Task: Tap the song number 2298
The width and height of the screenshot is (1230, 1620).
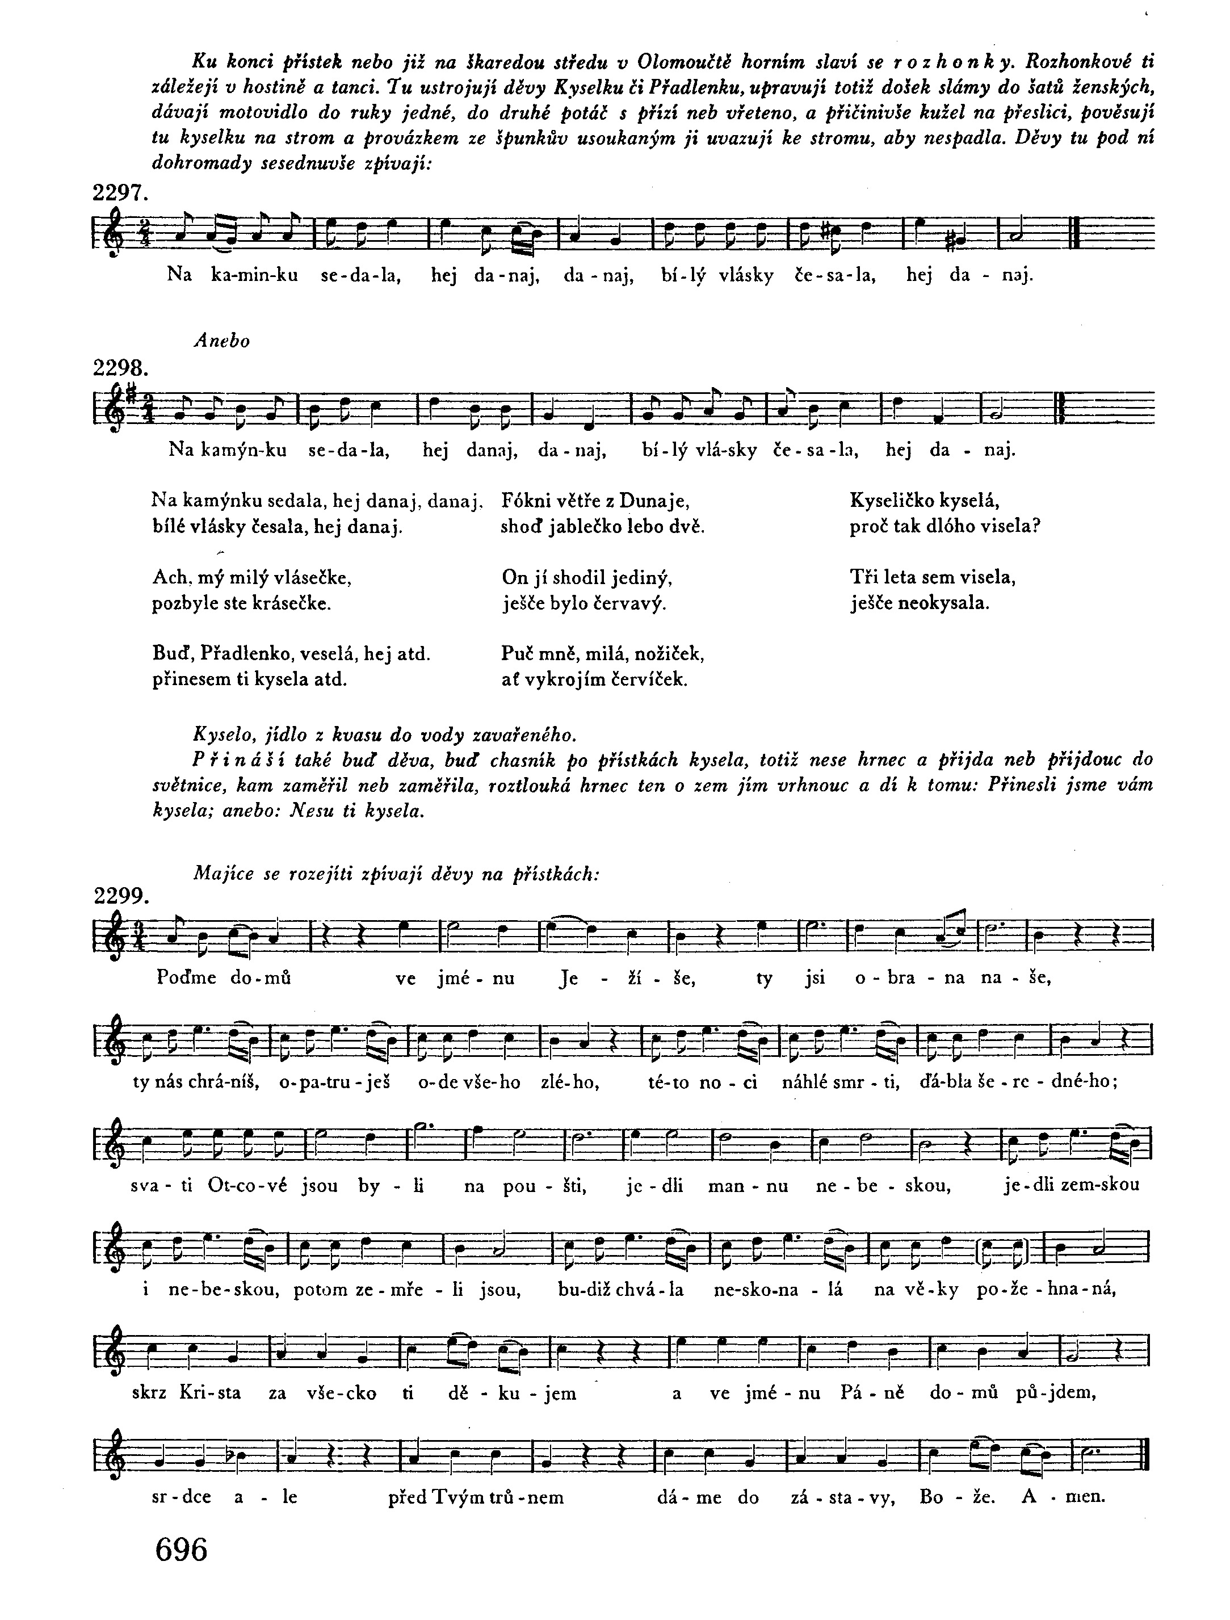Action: (121, 368)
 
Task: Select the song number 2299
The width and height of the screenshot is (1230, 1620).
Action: (121, 896)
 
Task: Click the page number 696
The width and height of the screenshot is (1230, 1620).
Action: (182, 1550)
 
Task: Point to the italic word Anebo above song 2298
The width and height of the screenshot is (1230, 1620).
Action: (222, 341)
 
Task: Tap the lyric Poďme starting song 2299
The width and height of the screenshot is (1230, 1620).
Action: (187, 979)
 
